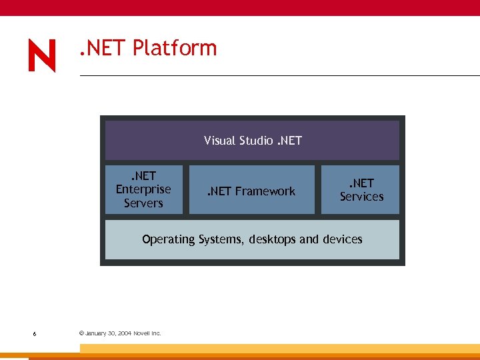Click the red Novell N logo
click(x=42, y=55)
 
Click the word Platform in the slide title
click(x=175, y=49)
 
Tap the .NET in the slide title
click(x=102, y=49)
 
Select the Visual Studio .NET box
click(x=252, y=140)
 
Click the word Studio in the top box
click(x=255, y=141)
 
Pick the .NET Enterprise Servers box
click(x=143, y=189)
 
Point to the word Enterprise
click(x=143, y=189)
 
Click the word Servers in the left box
click(x=143, y=203)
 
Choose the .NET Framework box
click(x=251, y=190)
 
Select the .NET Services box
click(x=361, y=189)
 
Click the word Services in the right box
click(x=362, y=197)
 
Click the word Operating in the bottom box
click(x=169, y=239)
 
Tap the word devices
click(x=342, y=239)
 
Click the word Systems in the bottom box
click(x=220, y=239)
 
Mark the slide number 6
click(x=34, y=333)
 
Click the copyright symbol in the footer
click(x=81, y=333)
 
